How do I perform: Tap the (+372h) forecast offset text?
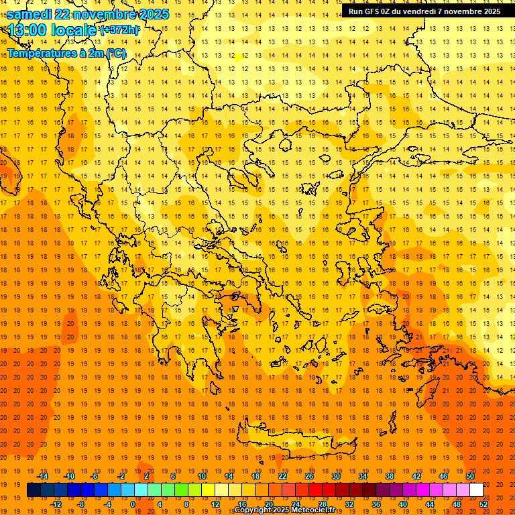tap(119, 30)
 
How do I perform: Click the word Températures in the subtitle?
tap(42, 53)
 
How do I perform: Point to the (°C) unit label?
tap(115, 53)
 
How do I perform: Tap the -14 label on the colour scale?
tap(42, 476)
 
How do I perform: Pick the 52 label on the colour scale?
tap(484, 504)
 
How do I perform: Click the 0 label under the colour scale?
tap(132, 504)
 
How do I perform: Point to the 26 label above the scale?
tap(309, 476)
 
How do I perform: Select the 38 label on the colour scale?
tap(390, 476)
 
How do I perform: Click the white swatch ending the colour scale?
tap(476, 490)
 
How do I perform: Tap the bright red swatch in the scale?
tap(315, 490)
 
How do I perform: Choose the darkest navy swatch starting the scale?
tap(34, 490)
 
